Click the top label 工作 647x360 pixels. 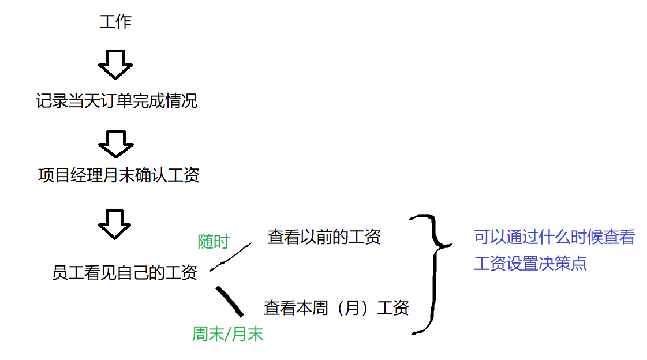click(x=115, y=22)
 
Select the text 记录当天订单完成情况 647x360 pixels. click(x=116, y=101)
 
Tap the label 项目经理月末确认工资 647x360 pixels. click(x=118, y=175)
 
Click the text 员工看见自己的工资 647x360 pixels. click(x=125, y=272)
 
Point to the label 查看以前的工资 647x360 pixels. click(x=324, y=237)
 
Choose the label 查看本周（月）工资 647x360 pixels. click(x=336, y=307)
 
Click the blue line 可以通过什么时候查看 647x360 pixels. click(x=554, y=237)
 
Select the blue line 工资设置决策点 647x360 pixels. click(x=530, y=264)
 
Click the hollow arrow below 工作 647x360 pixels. click(x=115, y=63)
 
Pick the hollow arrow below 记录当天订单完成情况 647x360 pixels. click(x=116, y=143)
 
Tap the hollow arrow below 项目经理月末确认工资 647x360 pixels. click(x=115, y=223)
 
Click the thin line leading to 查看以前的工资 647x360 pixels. click(x=230, y=256)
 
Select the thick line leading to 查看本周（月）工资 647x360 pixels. click(x=229, y=301)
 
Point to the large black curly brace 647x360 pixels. click(x=433, y=274)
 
